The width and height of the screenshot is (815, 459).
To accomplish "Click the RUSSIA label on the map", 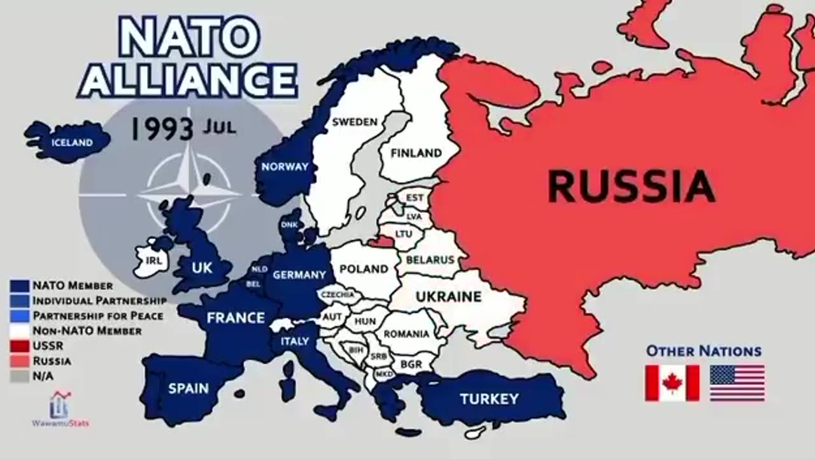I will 630,187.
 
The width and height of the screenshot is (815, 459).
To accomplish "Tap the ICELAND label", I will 72,143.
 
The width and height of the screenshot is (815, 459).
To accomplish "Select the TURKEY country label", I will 489,400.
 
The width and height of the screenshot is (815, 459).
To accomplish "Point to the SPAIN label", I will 189,388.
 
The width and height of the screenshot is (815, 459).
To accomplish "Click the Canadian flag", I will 672,382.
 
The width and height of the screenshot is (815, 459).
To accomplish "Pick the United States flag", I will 737,382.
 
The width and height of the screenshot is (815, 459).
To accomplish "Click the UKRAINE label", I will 448,296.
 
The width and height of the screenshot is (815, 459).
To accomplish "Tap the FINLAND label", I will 416,153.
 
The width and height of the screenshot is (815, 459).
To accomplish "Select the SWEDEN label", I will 355,122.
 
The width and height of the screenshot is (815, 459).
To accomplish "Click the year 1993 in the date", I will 162,129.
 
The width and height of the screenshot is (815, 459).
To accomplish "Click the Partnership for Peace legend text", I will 98,316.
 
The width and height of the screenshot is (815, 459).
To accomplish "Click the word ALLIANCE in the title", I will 187,80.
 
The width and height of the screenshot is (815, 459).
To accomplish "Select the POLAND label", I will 364,269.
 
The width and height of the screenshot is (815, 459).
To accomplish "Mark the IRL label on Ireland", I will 153,261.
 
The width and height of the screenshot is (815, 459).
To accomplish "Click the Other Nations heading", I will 704,351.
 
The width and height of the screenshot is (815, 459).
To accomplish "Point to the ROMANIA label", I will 406,333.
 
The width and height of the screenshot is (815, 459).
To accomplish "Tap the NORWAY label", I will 285,167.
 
